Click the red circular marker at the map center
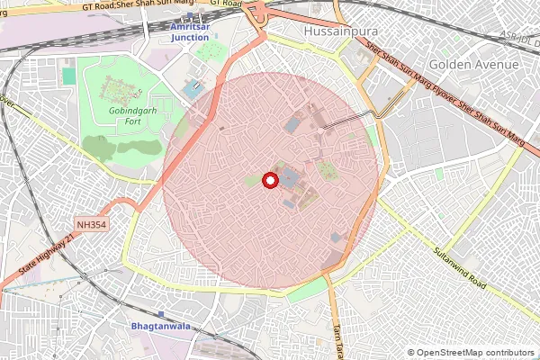pos(269,180)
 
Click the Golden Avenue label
pos(473,65)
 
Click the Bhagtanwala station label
pos(160,326)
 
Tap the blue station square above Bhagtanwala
pos(160,314)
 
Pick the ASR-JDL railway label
pos(519,39)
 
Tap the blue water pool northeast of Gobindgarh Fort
pos(193,91)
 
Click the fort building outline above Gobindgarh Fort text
pos(116,89)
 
